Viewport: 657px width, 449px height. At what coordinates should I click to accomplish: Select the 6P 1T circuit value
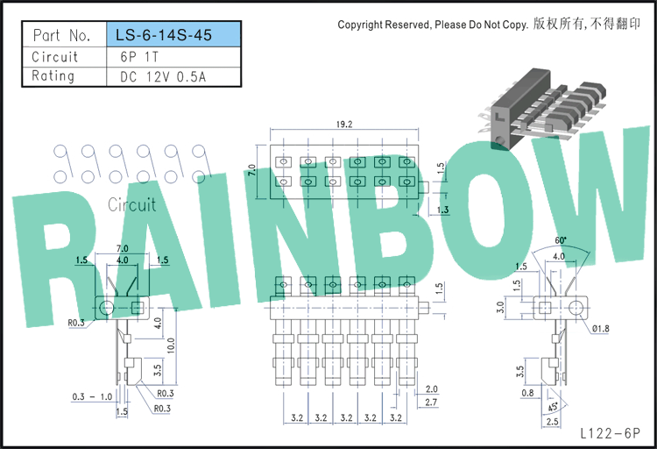pyautogui.click(x=139, y=57)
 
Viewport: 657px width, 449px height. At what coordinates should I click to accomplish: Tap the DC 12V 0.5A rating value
pyautogui.click(x=163, y=77)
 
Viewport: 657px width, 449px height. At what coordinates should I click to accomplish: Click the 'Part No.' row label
pyautogui.click(x=61, y=35)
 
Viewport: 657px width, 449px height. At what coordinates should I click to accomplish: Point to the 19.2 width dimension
pyautogui.click(x=344, y=125)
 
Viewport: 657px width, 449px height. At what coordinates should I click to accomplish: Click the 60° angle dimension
pyautogui.click(x=561, y=240)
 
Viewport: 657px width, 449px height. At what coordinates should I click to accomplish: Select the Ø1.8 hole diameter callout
pyautogui.click(x=601, y=329)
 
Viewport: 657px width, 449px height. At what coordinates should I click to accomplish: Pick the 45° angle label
pyautogui.click(x=553, y=406)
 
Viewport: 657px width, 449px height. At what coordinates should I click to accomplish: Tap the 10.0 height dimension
pyautogui.click(x=171, y=346)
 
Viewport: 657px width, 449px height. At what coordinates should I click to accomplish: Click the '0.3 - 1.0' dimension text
pyautogui.click(x=92, y=396)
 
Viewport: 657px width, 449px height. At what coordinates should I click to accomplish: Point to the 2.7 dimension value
pyautogui.click(x=431, y=402)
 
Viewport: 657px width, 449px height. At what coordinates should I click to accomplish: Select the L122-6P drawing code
pyautogui.click(x=610, y=433)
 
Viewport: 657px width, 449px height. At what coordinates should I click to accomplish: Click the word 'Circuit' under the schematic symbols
pyautogui.click(x=132, y=205)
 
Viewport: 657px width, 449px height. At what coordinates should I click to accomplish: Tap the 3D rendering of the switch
pyautogui.click(x=542, y=109)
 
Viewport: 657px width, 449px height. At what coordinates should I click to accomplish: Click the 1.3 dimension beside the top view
pyautogui.click(x=443, y=210)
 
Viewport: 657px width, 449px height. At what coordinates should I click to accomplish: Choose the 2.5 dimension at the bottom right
pyautogui.click(x=552, y=421)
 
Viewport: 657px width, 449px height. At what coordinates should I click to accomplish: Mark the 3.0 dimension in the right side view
pyautogui.click(x=500, y=308)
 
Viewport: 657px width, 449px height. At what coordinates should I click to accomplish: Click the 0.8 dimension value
pyautogui.click(x=527, y=393)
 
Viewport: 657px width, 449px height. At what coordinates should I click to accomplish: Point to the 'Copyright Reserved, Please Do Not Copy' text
pyautogui.click(x=433, y=25)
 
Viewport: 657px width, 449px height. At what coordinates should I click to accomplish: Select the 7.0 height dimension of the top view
pyautogui.click(x=251, y=171)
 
